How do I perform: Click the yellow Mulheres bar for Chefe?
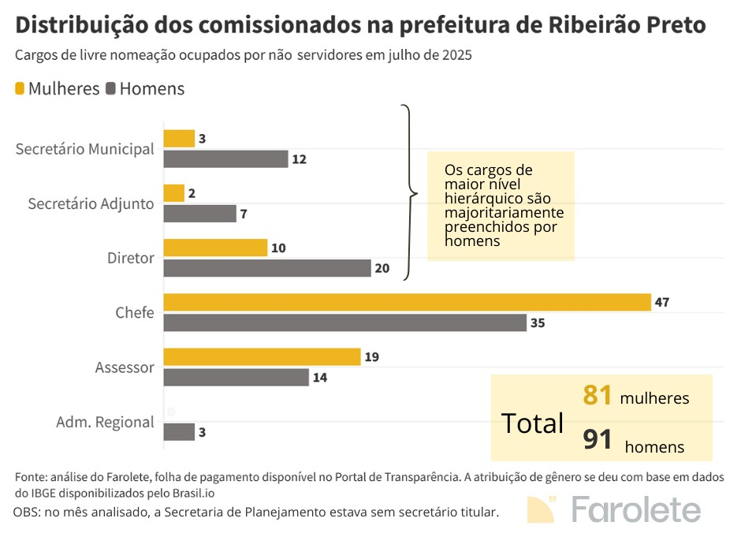[x=407, y=302]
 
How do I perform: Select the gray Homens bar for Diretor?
[x=266, y=268]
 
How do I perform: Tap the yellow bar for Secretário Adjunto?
[x=173, y=193]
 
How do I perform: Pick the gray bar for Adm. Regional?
[x=179, y=432]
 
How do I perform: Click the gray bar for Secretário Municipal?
[x=225, y=159]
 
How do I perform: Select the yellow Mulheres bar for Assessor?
[x=262, y=357]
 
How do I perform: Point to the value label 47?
[x=662, y=302]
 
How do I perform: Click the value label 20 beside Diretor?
[x=382, y=268]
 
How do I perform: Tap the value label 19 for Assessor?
[x=371, y=357]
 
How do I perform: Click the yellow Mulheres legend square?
[x=20, y=88]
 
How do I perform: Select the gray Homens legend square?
[x=110, y=88]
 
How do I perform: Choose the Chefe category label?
[x=134, y=313]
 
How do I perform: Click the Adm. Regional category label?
[x=105, y=422]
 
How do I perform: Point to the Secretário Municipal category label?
[x=84, y=149]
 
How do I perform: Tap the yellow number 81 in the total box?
[x=598, y=395]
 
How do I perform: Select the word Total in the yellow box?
[x=533, y=423]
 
